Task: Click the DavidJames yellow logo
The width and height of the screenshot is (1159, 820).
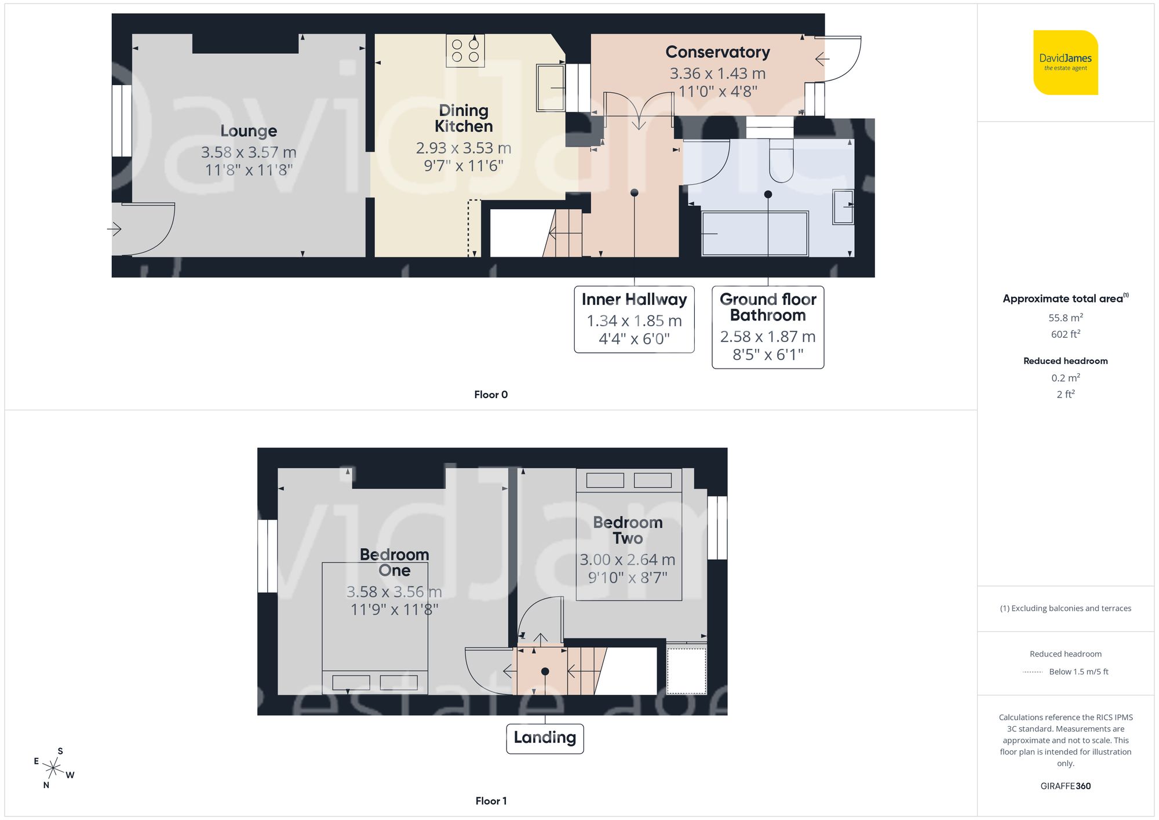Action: (x=1065, y=63)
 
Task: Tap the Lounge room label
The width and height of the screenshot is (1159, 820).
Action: (x=249, y=131)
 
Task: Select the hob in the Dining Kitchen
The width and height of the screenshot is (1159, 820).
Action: (x=465, y=50)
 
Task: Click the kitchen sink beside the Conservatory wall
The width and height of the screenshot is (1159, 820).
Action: (x=550, y=88)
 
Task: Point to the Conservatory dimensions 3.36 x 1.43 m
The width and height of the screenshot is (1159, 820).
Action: (x=717, y=74)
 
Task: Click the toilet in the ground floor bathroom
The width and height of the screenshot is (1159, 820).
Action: (x=781, y=161)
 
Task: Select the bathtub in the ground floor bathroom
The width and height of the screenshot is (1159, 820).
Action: (x=755, y=234)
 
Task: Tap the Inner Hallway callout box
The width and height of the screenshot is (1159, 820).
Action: (x=634, y=319)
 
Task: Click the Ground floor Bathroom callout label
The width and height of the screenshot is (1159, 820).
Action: (x=768, y=307)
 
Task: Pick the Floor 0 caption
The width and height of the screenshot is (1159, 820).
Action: (x=490, y=395)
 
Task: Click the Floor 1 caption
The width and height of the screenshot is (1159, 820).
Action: (x=490, y=801)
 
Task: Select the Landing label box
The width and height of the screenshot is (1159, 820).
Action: (x=545, y=738)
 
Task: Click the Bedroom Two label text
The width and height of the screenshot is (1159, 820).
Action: (x=628, y=530)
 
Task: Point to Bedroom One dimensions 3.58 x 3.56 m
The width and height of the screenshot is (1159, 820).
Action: (x=394, y=592)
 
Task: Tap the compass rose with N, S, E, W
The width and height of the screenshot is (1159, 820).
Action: (x=53, y=768)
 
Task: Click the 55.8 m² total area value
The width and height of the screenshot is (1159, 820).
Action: (x=1065, y=318)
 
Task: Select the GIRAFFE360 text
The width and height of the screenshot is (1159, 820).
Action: (x=1065, y=786)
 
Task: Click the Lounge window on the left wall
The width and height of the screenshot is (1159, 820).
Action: (x=122, y=121)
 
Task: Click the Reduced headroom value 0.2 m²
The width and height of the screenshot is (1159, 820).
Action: (x=1065, y=378)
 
